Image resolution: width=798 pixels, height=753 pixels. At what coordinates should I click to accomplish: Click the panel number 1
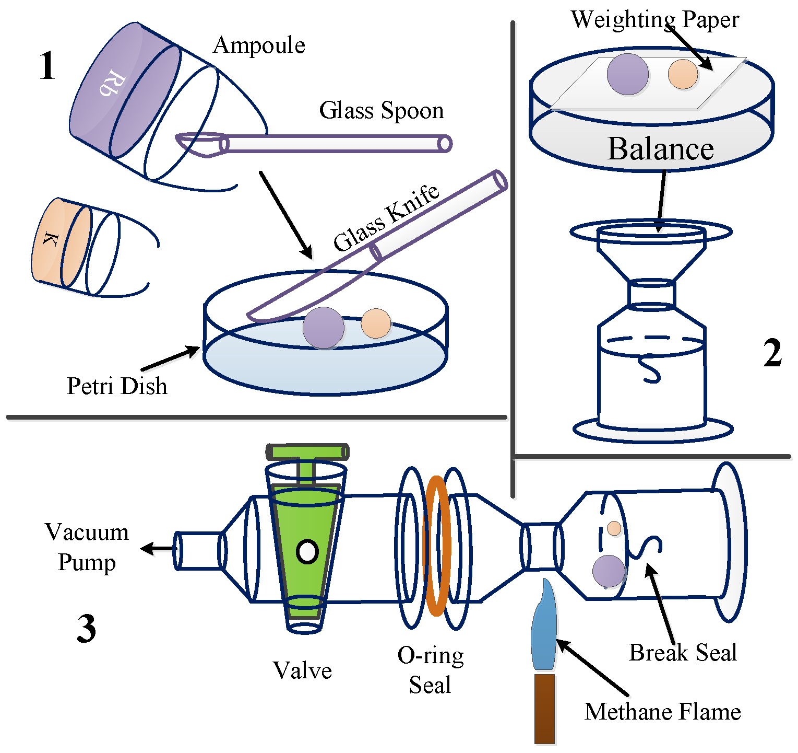(x=47, y=67)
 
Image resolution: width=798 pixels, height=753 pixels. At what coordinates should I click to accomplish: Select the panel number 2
(x=772, y=353)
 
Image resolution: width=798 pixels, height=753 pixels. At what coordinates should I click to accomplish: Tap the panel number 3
(x=87, y=629)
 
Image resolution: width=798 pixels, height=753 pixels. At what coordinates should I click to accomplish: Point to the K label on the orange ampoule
(x=50, y=240)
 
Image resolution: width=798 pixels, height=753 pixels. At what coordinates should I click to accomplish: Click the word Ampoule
(x=259, y=45)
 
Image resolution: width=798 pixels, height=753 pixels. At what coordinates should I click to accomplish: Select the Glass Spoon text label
(x=381, y=111)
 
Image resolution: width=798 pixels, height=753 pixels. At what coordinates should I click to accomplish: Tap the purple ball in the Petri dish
(x=324, y=328)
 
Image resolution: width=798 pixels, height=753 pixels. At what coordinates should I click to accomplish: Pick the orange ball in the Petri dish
(x=376, y=323)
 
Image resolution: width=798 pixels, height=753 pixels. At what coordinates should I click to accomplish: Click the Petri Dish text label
(x=117, y=386)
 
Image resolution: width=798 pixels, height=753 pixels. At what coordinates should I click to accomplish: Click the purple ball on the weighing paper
(x=627, y=74)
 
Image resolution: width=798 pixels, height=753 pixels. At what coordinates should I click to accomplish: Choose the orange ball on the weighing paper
(x=683, y=74)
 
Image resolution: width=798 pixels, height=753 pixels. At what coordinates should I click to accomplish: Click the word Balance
(x=660, y=149)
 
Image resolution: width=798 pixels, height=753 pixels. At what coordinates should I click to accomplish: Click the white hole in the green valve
(x=307, y=551)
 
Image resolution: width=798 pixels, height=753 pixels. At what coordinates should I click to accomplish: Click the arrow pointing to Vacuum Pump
(x=156, y=549)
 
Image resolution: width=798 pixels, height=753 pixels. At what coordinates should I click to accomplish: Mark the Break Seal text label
(x=683, y=653)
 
